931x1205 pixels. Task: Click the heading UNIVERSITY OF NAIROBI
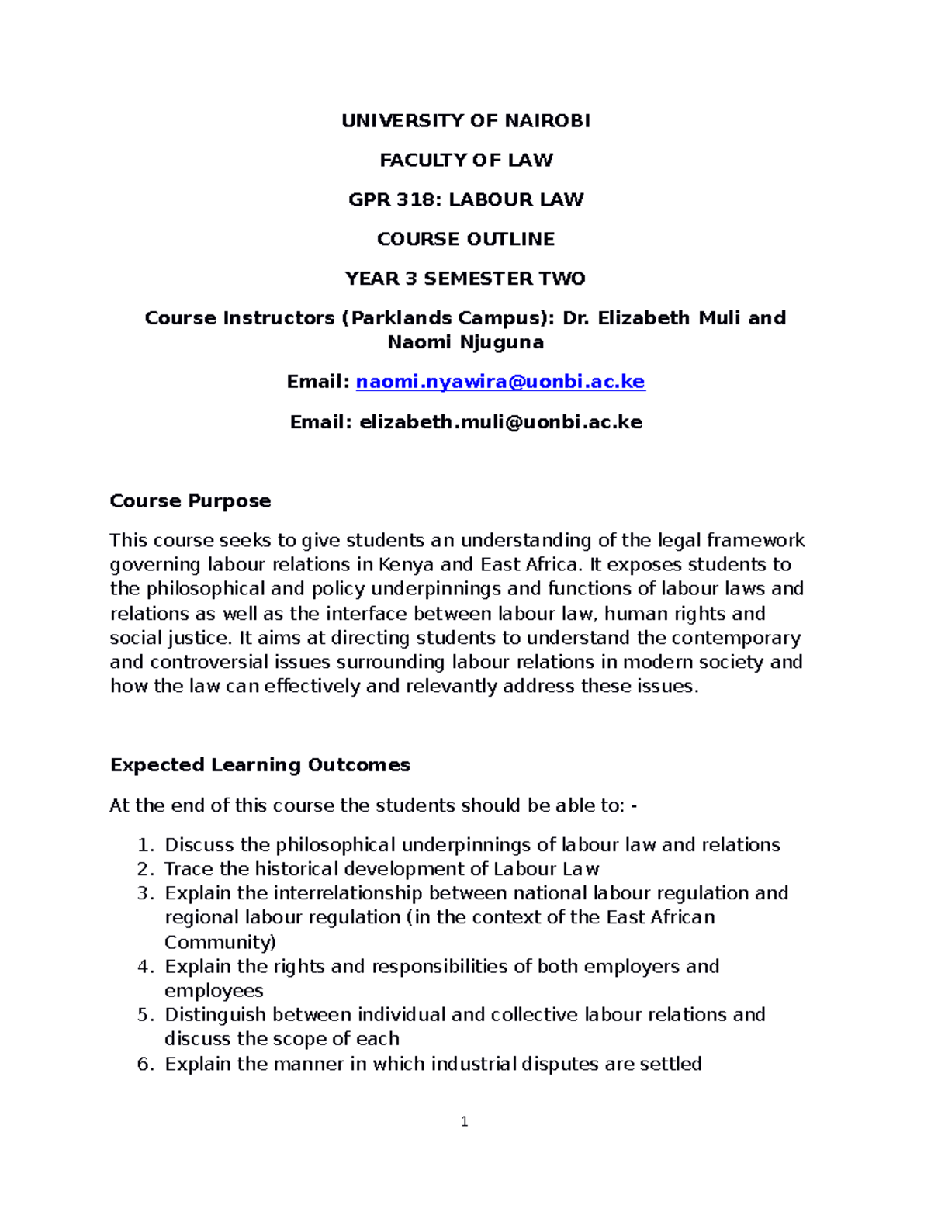pos(465,121)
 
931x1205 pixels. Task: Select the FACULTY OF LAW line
pos(465,161)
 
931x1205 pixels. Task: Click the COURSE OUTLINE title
pos(465,240)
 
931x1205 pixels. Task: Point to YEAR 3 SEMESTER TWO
pos(465,279)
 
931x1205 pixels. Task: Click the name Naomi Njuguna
pos(465,343)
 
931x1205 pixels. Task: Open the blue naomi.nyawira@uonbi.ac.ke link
pos(500,382)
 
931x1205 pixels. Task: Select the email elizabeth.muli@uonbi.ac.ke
pos(500,422)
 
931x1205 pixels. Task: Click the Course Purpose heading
pos(190,501)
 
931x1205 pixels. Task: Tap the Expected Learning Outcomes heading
pos(260,765)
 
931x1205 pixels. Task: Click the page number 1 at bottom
pos(464,1121)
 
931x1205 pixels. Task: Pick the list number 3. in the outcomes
pos(146,893)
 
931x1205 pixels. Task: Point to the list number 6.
pos(146,1064)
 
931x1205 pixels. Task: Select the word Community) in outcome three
pos(220,943)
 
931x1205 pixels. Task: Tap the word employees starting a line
pos(214,991)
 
